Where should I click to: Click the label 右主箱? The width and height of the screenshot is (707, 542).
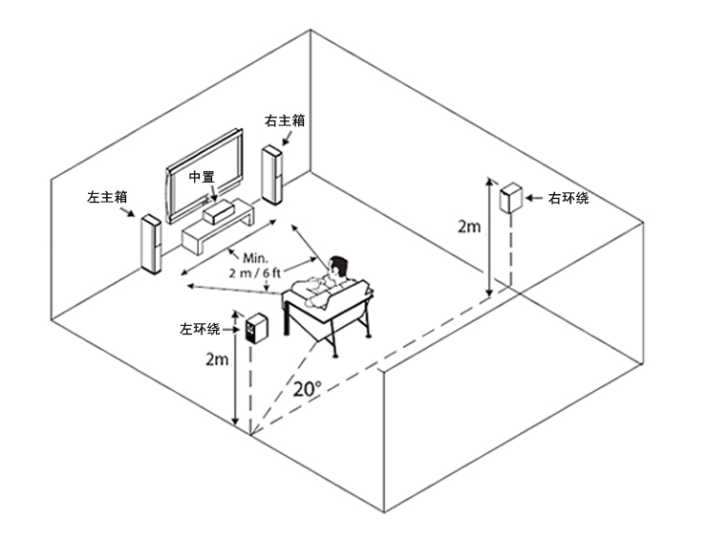point(285,120)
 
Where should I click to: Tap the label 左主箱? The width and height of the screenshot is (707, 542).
point(107,197)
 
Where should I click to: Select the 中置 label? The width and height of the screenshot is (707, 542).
point(202,177)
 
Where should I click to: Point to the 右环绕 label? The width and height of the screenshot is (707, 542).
point(568,198)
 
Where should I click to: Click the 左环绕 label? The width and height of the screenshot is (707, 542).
point(201,329)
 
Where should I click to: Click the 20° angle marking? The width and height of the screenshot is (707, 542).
point(308,388)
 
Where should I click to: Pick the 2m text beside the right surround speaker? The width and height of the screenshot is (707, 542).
point(469,227)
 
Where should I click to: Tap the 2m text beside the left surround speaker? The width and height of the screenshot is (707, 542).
point(217,359)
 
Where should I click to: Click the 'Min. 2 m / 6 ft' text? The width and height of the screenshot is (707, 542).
point(255,266)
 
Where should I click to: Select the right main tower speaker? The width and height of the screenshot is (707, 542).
point(272,175)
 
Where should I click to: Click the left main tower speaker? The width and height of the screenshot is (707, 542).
point(152,244)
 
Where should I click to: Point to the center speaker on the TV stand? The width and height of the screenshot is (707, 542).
point(218,212)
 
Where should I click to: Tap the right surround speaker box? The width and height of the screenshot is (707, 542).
point(511,198)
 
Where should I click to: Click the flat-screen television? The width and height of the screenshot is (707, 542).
point(204,177)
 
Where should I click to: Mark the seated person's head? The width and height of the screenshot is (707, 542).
point(337,267)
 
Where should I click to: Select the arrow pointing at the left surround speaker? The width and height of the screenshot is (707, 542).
point(231,330)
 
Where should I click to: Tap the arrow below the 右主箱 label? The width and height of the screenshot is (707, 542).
point(287,138)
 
